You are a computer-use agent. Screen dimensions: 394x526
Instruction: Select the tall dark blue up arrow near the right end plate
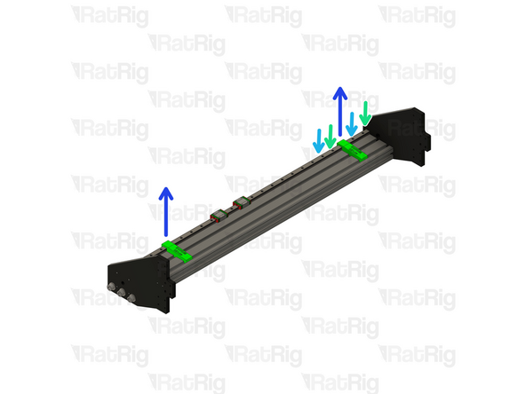[x=339, y=115]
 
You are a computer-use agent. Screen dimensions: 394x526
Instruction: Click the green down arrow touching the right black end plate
[x=364, y=114]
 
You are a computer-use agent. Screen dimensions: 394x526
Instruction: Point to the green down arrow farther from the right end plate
[x=331, y=136]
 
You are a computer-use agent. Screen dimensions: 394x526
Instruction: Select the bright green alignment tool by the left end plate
[x=178, y=252]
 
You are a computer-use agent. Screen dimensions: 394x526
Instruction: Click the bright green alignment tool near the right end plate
[x=351, y=152]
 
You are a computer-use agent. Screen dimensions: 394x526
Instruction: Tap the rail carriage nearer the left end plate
[x=218, y=214]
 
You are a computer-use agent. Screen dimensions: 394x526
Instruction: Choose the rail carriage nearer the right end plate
[x=238, y=203]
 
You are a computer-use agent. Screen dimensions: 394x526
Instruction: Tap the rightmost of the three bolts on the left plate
[x=133, y=300]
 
